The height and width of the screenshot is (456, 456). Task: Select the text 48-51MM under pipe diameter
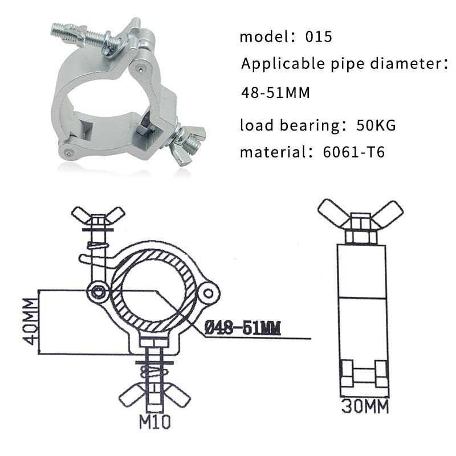[275, 92]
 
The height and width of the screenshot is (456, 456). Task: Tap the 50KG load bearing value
[376, 125]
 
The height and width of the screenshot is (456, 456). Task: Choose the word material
[266, 152]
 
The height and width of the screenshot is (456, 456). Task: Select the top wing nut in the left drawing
[99, 215]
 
